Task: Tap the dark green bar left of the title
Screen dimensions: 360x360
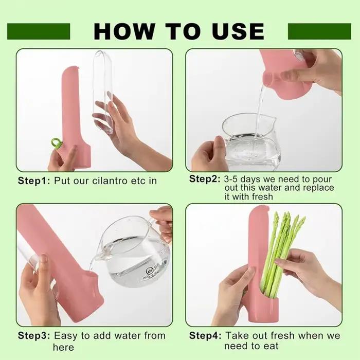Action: coord(39,31)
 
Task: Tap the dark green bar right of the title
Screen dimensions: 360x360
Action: coord(319,31)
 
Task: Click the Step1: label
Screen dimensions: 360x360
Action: coord(34,181)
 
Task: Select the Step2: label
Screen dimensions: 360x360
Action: coord(205,179)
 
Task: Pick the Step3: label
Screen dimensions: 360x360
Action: coord(34,336)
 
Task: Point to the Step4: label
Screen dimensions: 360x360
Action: coord(205,336)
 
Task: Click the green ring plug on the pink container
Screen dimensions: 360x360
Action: coord(56,143)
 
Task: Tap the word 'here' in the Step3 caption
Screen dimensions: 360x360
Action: coord(63,347)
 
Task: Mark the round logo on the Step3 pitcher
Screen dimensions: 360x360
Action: coord(150,272)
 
